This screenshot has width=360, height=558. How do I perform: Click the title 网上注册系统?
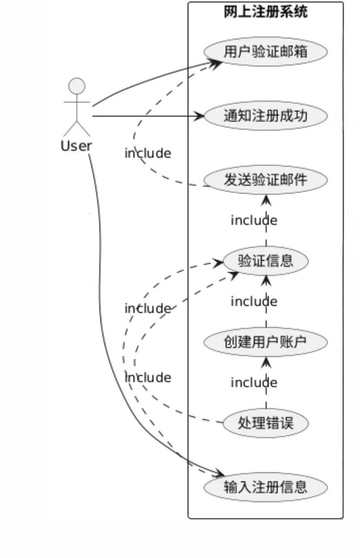pyautogui.click(x=265, y=12)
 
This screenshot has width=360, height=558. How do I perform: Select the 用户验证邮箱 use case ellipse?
pyautogui.click(x=265, y=52)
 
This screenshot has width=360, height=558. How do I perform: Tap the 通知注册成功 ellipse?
pyautogui.click(x=265, y=116)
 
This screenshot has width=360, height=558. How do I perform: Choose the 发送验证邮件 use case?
pyautogui.click(x=265, y=180)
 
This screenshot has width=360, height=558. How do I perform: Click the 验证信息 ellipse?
pyautogui.click(x=265, y=261)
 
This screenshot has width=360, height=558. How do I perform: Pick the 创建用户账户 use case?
pyautogui.click(x=265, y=342)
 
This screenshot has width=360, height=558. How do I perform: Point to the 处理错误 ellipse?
pyautogui.click(x=265, y=423)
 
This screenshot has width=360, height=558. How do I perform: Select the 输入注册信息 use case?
pyautogui.click(x=265, y=487)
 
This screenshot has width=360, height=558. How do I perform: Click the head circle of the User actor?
pyautogui.click(x=76, y=86)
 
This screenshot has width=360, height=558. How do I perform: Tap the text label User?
pyautogui.click(x=76, y=146)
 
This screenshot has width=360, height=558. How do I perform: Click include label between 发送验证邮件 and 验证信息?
pyautogui.click(x=254, y=220)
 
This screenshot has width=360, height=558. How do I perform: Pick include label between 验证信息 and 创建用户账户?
pyautogui.click(x=254, y=301)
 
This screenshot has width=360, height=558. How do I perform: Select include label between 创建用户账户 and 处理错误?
pyautogui.click(x=254, y=382)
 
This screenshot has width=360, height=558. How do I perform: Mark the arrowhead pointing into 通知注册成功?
pyautogui.click(x=200, y=116)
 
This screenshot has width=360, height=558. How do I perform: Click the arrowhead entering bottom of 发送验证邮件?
pyautogui.click(x=266, y=199)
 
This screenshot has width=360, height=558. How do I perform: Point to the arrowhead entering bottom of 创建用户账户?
pyautogui.click(x=266, y=361)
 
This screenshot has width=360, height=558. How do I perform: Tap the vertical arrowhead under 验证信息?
pyautogui.click(x=266, y=280)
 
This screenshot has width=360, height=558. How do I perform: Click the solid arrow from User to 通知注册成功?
pyautogui.click(x=147, y=116)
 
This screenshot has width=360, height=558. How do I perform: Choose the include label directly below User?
pyautogui.click(x=148, y=153)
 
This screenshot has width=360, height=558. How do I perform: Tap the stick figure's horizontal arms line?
pyautogui.click(x=76, y=101)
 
